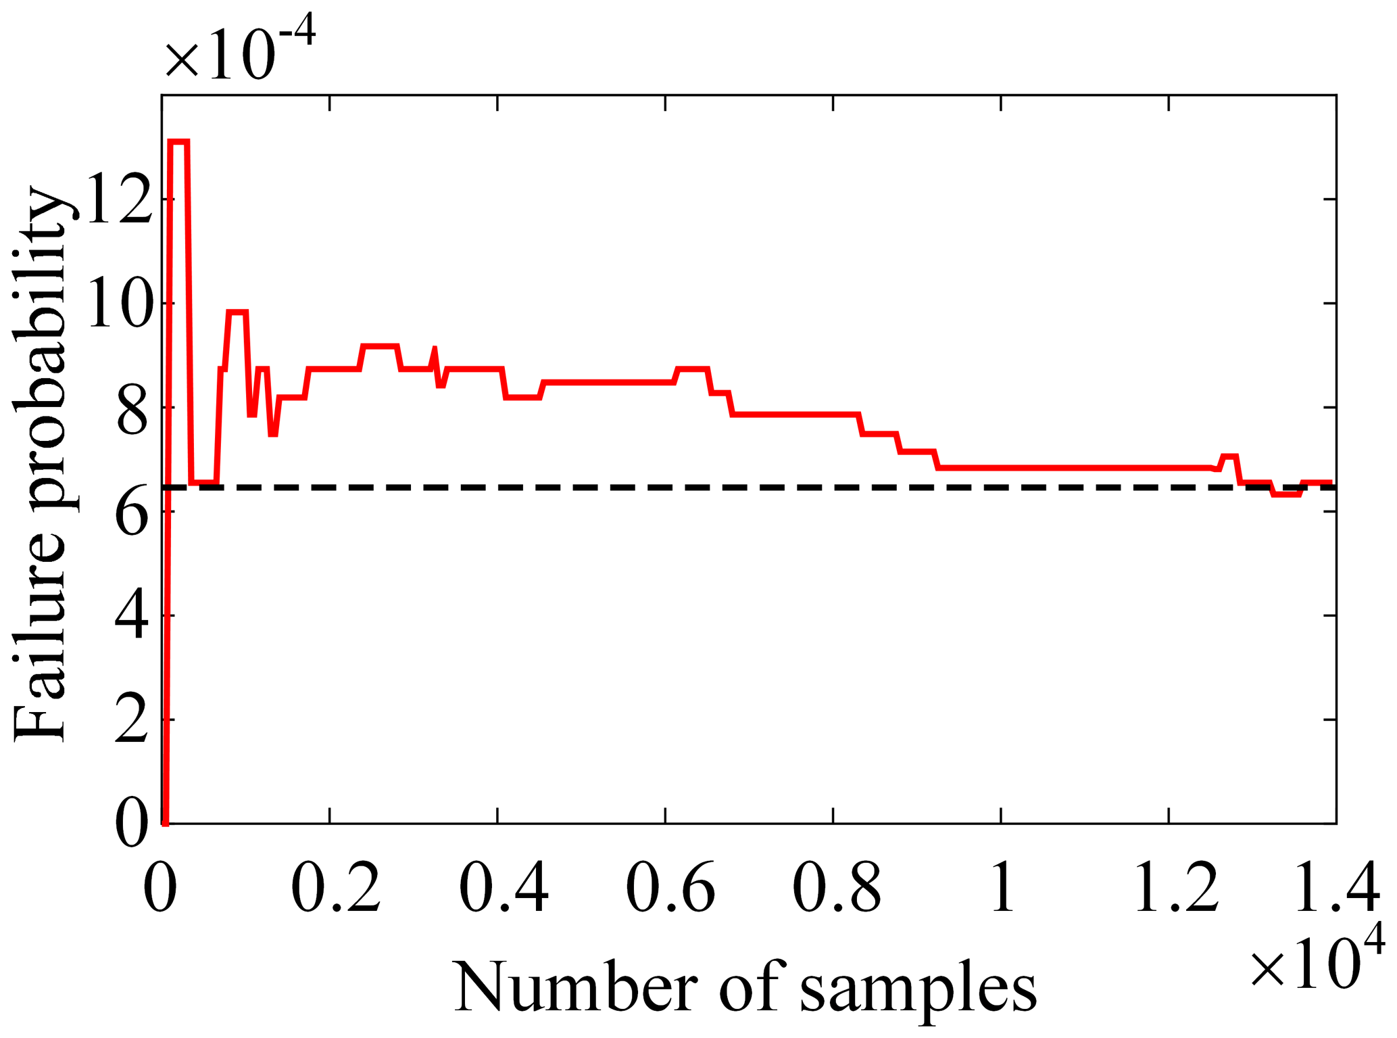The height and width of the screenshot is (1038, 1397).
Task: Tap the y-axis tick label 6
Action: pos(132,512)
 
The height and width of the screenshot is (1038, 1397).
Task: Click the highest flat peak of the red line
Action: pos(178,142)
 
